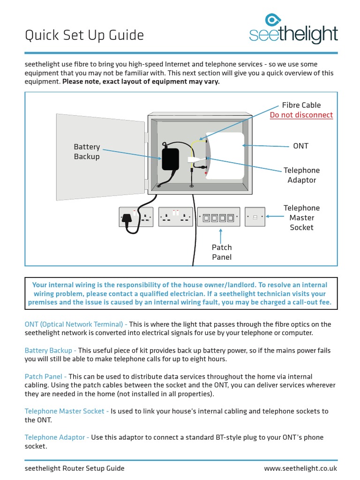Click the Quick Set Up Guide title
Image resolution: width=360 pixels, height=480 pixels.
(x=84, y=35)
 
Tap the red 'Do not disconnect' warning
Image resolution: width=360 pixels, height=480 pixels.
(x=301, y=115)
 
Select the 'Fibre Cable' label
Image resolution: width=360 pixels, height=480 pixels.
(x=301, y=105)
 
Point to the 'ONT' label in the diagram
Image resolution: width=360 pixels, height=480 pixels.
(x=300, y=146)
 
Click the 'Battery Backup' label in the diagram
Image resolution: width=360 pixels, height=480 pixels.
(x=87, y=152)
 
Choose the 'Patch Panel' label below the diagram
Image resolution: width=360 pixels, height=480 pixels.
(x=222, y=252)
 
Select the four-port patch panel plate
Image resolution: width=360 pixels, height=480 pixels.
(x=218, y=217)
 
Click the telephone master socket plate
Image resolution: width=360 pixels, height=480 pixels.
(x=255, y=217)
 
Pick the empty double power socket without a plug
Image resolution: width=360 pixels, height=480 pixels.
(x=176, y=217)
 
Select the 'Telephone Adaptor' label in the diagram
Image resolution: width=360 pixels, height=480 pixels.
(x=301, y=175)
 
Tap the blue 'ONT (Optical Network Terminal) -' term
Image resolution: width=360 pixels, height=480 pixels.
(x=76, y=324)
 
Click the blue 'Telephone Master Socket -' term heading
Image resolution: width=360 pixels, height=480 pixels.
(x=67, y=411)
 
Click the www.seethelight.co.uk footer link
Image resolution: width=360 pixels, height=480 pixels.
(x=300, y=468)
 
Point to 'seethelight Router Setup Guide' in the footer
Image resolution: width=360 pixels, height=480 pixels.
(x=75, y=468)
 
